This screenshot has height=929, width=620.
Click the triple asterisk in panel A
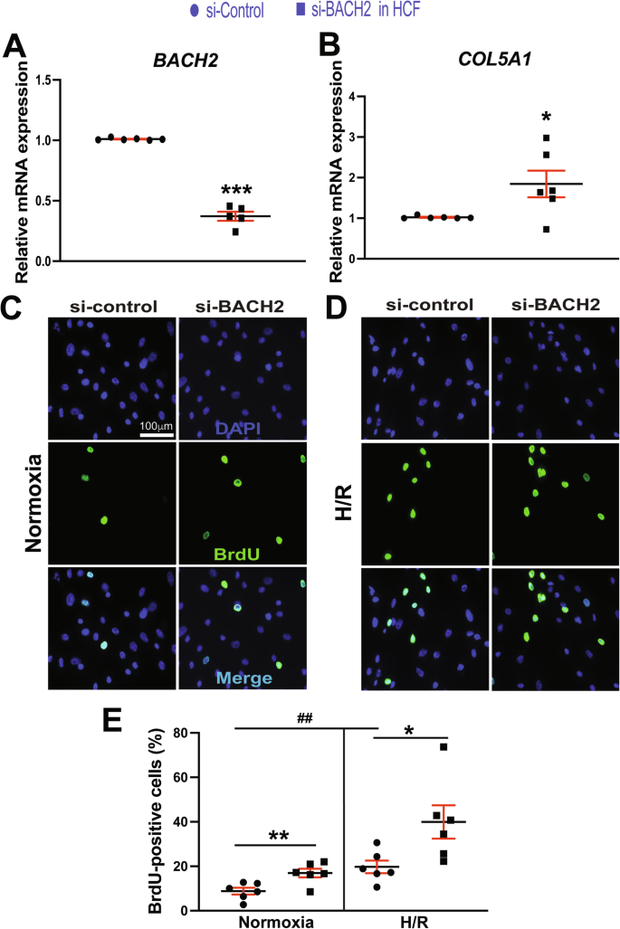click(x=236, y=192)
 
